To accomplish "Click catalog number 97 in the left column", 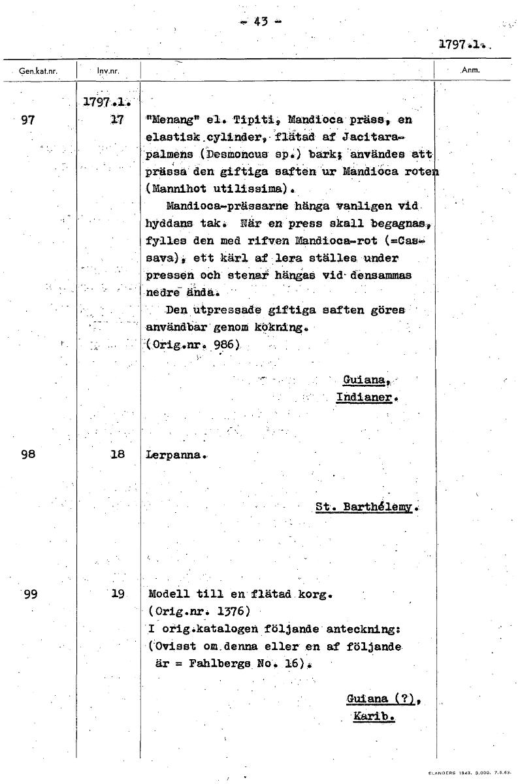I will [28, 121].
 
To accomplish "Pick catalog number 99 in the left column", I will [29, 595].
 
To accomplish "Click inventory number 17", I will [118, 121].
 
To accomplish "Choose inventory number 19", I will [118, 595].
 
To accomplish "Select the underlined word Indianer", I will [367, 397].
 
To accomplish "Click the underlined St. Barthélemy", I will [366, 506].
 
